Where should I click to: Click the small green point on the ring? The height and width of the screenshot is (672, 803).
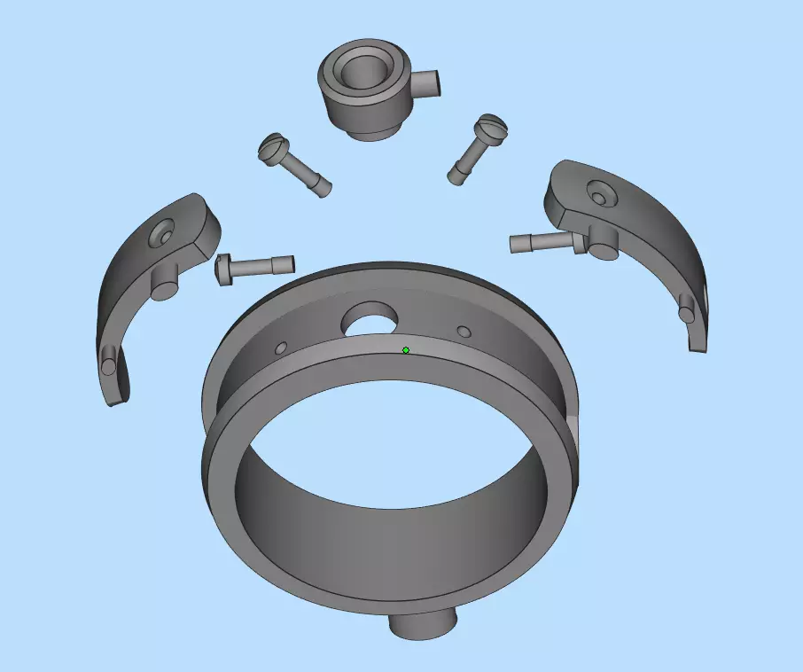point(406,350)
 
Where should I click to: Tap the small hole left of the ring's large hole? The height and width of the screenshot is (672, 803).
point(282,348)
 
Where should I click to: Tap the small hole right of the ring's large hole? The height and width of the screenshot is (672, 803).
point(464,332)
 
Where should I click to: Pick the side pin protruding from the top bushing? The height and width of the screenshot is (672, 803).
point(428,85)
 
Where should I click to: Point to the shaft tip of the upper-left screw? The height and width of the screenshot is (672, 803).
point(324,187)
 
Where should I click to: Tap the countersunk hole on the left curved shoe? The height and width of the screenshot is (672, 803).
point(162,235)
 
